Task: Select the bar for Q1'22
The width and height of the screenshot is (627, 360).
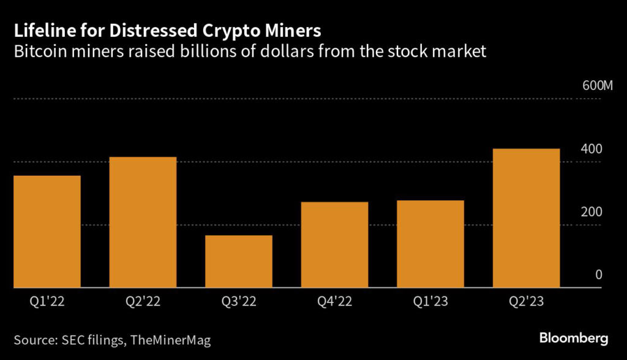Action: [x=47, y=231]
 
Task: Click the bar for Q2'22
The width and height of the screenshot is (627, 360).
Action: [x=143, y=222]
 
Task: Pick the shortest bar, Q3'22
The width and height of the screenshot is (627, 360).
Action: [x=239, y=261]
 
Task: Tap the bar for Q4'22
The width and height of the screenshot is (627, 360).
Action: [x=334, y=244]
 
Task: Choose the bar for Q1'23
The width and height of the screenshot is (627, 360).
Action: [x=430, y=244]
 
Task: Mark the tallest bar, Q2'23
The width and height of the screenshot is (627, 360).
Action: [x=526, y=218]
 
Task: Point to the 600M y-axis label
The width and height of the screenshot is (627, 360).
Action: [x=597, y=86]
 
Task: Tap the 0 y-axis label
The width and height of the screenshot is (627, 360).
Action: [x=599, y=275]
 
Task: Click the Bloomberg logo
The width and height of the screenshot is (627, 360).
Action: [x=573, y=337]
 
